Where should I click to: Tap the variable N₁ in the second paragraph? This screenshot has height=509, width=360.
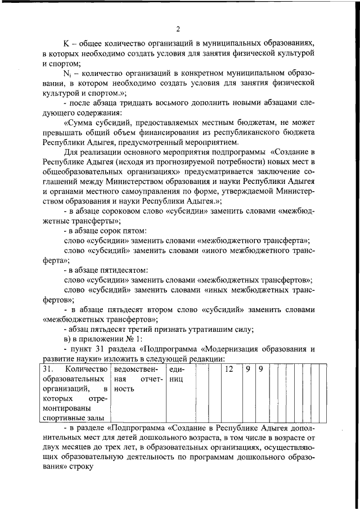point(66,74)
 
